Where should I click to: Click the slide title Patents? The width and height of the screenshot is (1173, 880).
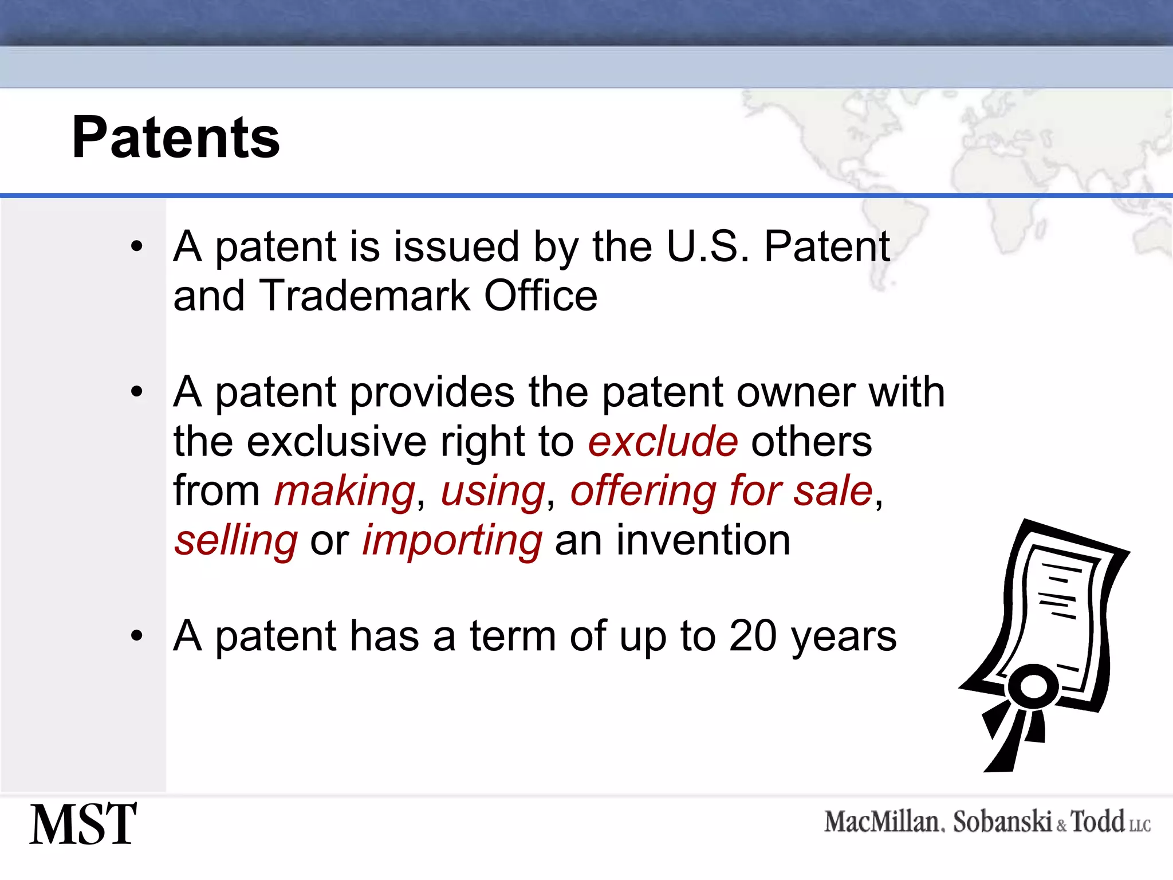click(x=175, y=137)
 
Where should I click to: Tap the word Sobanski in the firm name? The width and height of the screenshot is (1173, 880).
click(x=1002, y=822)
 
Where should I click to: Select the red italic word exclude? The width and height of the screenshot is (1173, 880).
click(x=663, y=442)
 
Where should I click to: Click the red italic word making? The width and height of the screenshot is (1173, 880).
click(x=345, y=492)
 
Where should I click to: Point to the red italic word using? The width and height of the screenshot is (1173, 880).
click(x=493, y=492)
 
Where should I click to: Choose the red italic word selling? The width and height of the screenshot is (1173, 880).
click(x=236, y=541)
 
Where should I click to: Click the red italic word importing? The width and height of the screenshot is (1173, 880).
click(x=452, y=541)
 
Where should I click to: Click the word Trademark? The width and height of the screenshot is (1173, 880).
click(x=364, y=296)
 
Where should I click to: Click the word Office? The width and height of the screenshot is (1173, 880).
click(x=540, y=296)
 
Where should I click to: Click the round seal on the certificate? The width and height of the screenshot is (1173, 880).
click(x=1033, y=686)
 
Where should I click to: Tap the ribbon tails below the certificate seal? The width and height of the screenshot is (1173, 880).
click(x=1014, y=739)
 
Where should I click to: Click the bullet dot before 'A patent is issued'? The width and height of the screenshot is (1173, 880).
click(x=136, y=247)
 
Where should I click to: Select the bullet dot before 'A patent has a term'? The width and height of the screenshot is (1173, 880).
click(x=136, y=635)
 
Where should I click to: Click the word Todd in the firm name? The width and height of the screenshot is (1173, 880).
click(x=1097, y=822)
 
